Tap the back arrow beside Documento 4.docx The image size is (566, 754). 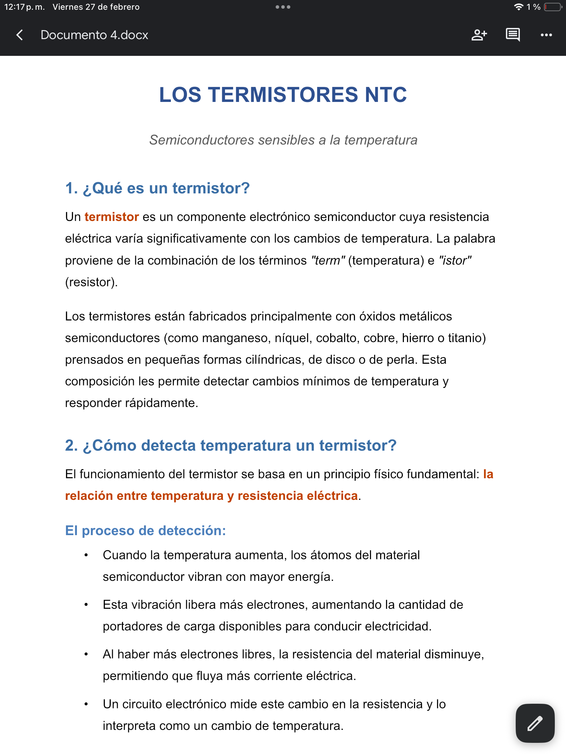pos(20,35)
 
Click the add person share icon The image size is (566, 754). pos(479,35)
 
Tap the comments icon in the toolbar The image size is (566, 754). pos(513,35)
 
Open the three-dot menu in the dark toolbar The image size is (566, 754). pos(546,35)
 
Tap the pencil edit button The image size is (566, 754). pos(535,723)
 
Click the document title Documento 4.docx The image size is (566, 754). pos(94,35)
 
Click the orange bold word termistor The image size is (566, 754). pos(112,217)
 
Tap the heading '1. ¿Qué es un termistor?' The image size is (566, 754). pos(158,188)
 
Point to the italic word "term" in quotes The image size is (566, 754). pos(328,260)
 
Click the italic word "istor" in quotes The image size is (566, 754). pos(455,260)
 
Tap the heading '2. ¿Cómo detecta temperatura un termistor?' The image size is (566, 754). pos(231,445)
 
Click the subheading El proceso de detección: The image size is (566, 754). pos(145,531)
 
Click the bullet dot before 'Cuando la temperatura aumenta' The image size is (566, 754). pos(86,555)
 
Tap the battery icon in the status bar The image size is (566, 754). pos(553,7)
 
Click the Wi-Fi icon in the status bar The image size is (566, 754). pos(519,7)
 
